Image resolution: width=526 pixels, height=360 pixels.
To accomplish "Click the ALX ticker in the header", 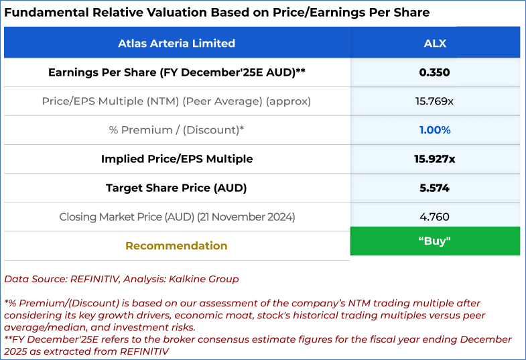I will point(435,44).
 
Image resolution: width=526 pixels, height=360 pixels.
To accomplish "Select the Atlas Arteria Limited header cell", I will point(176,44).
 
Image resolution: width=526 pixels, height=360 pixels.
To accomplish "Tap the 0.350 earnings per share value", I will point(435,72).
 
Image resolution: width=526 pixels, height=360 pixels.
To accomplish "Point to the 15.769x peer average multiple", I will point(435,101).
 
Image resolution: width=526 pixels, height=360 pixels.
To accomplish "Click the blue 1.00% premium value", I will point(435,130).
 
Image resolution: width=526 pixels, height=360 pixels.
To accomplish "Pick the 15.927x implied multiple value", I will point(435,159).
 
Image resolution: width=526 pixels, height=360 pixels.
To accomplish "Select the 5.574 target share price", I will point(435,188).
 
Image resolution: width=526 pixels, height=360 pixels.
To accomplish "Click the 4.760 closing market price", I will point(435,217).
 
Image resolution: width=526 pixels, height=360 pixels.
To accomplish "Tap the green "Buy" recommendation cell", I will point(435,241).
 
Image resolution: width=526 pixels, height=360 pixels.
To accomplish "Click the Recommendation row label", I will point(176,245).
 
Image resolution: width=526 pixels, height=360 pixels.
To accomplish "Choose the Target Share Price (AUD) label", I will point(176,188).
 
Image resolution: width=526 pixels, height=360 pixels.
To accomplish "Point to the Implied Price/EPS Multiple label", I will point(176,159).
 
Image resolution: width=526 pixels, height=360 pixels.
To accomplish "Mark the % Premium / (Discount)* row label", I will point(176,130).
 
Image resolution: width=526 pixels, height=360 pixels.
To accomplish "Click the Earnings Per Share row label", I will point(176,72).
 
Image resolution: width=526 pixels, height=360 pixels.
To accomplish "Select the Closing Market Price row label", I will point(176,217).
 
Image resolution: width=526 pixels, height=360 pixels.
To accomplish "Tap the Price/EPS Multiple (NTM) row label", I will point(176,101).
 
